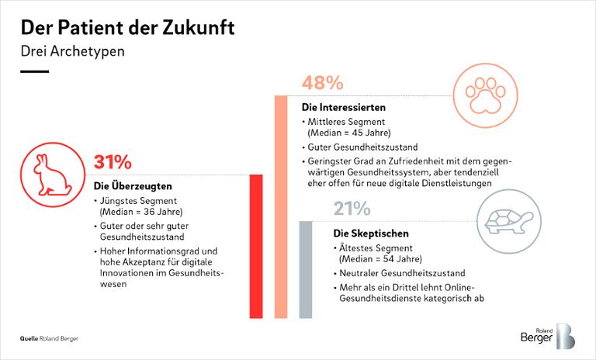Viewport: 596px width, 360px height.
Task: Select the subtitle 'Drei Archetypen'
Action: coord(72,52)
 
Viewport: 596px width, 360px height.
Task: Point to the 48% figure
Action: coord(322,83)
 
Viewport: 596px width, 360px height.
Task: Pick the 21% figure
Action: coord(353,209)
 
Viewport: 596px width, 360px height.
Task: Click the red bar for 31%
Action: coord(255,246)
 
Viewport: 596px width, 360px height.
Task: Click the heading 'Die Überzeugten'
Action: coord(133,186)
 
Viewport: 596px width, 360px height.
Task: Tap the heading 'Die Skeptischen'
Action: coord(370,233)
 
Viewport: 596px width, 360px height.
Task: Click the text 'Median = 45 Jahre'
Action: coord(349,133)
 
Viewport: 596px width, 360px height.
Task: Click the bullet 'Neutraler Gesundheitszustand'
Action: coord(401,273)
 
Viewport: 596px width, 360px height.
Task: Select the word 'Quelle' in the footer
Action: coord(29,339)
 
